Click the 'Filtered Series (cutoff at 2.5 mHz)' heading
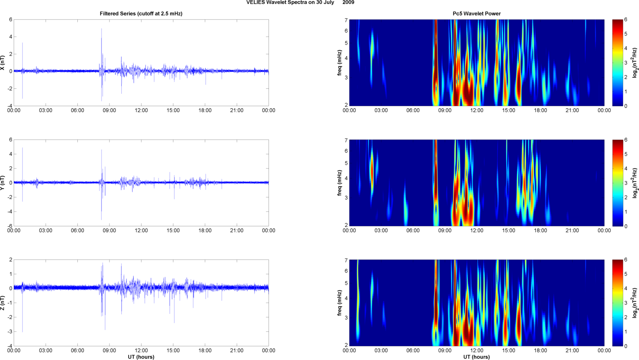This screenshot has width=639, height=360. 141,14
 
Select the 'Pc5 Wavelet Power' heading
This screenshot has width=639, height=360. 477,14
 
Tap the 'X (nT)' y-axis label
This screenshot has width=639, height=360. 3,63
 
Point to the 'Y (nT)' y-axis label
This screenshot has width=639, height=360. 3,183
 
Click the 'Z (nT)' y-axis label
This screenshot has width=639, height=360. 3,303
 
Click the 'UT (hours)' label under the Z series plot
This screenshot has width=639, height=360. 141,357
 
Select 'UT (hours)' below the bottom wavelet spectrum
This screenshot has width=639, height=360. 477,357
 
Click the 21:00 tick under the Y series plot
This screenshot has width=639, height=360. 237,231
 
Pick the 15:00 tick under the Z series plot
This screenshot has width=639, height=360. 173,351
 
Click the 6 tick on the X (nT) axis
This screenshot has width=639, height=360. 11,19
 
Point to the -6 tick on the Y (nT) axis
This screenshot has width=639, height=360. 9,226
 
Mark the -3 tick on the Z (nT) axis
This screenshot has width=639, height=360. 9,332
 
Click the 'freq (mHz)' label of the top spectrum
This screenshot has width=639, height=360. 340,63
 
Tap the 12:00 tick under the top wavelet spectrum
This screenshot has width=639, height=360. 477,110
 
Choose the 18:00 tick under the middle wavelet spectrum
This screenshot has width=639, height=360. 540,231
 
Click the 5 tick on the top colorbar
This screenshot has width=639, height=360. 626,34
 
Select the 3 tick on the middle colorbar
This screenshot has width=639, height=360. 626,183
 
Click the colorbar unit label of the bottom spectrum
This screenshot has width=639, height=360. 634,303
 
